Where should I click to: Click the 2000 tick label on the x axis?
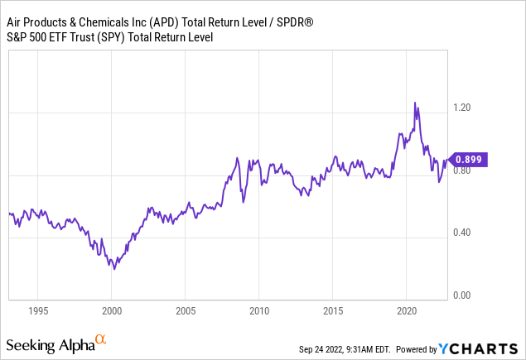112,312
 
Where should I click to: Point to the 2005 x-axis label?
185,312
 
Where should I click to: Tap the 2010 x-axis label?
258,312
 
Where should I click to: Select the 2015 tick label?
332,312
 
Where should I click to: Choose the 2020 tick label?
406,312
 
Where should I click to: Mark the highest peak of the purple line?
415,102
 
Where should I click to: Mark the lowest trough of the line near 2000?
114,269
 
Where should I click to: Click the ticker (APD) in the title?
165,17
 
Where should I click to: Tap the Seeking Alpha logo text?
49,343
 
